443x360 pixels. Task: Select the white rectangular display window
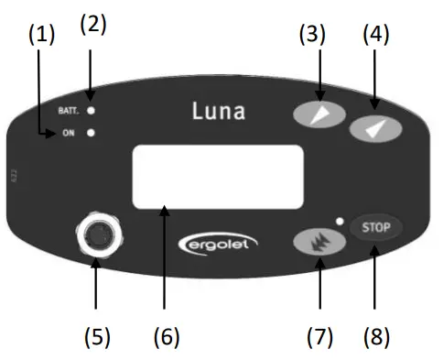218,177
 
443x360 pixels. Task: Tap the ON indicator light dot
92,134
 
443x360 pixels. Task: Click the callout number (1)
41,35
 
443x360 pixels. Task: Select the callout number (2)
92,25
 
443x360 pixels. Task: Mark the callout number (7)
319,336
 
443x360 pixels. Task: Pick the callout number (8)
375,336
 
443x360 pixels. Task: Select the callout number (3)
314,35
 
